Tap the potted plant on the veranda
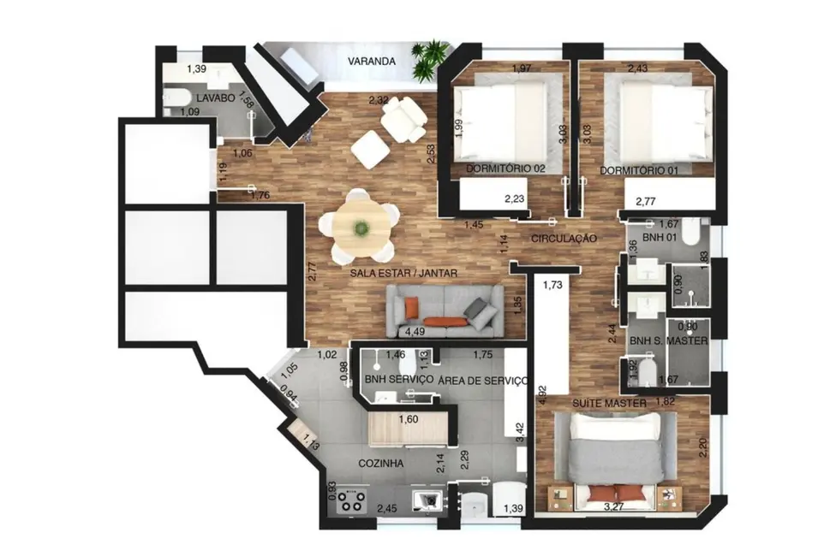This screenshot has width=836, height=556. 428,60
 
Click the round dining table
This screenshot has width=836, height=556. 360,227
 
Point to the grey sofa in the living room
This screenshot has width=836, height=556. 445,310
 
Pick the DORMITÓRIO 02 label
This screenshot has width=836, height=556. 505,169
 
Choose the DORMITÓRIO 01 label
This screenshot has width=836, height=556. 639,170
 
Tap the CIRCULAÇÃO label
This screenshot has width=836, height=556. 563,239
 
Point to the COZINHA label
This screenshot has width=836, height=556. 380,464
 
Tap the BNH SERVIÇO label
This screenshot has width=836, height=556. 398,380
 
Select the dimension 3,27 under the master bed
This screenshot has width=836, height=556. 614,507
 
